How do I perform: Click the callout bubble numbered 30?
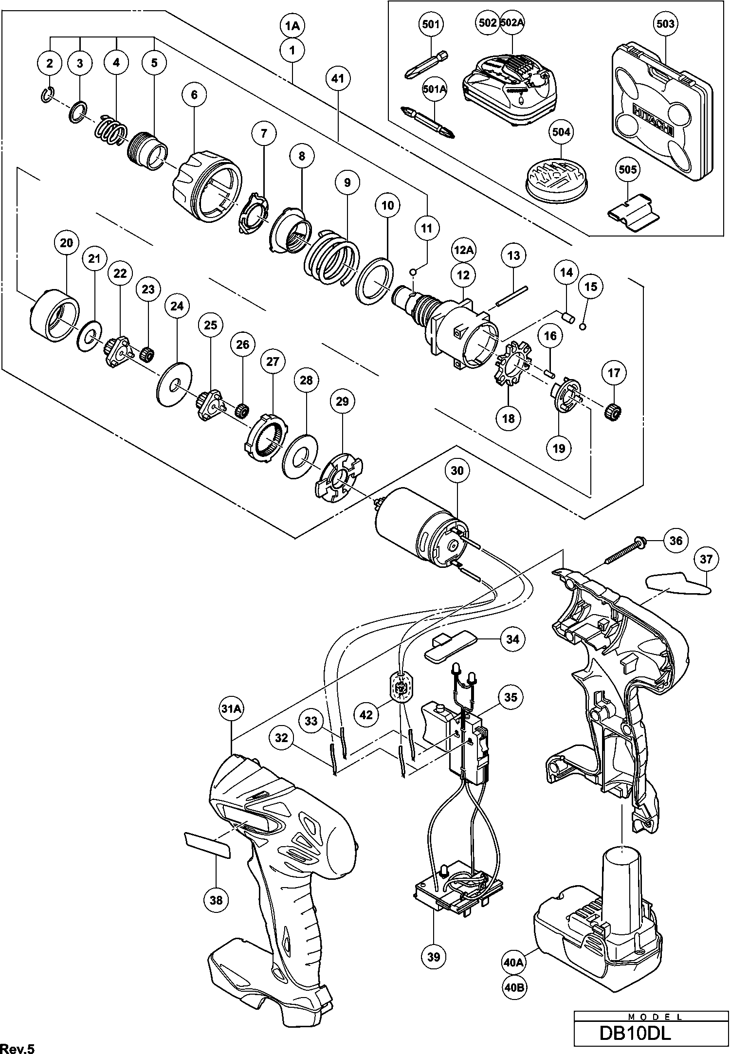[x=457, y=471]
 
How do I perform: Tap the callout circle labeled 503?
[x=665, y=24]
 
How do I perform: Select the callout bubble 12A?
[x=463, y=250]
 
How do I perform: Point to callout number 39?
[x=434, y=957]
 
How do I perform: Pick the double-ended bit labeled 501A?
[x=428, y=118]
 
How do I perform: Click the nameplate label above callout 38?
[x=207, y=845]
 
